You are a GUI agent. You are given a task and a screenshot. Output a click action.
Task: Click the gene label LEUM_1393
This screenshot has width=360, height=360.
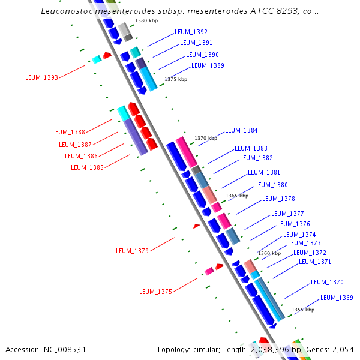[42, 77]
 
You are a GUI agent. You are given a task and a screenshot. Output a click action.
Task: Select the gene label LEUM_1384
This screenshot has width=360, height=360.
[241, 130]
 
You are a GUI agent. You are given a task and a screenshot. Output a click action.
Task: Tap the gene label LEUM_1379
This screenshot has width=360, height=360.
[132, 251]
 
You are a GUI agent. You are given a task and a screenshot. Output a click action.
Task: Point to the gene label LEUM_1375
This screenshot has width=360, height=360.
[155, 292]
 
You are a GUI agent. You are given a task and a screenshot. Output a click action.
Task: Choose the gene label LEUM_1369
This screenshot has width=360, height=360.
[337, 298]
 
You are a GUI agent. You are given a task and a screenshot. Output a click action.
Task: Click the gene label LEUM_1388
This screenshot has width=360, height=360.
[68, 132]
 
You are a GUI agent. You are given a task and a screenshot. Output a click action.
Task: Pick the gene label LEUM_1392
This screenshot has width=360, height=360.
[191, 32]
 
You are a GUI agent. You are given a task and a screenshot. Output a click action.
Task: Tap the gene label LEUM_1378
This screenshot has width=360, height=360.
[278, 199]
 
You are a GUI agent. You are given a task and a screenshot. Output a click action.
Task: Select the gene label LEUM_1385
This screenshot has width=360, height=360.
[87, 167]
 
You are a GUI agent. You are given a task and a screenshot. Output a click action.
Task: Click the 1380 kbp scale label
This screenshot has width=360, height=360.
[147, 20]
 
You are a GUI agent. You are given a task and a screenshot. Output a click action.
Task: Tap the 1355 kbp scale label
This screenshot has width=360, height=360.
[303, 310]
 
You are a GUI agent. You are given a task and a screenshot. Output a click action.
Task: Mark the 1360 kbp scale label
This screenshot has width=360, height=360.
[269, 253]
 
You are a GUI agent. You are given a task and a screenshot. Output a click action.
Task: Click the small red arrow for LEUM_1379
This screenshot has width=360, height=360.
[196, 226]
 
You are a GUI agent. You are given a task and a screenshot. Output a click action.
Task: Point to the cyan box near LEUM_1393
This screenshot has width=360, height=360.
[96, 59]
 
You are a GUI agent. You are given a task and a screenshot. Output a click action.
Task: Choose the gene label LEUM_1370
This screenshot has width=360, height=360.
[327, 282]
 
